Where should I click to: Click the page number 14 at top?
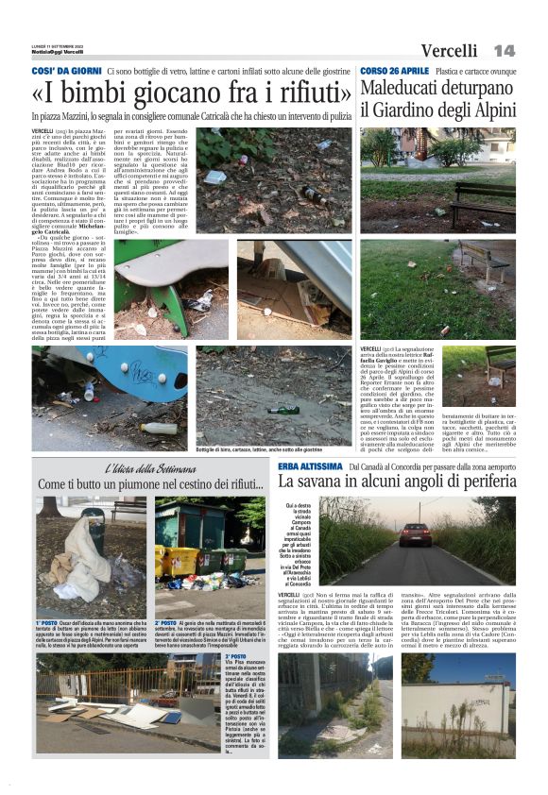point(504,49)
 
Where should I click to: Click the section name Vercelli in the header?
point(450,50)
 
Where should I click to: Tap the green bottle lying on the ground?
point(283,410)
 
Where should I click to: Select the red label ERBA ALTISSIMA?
point(311,466)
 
